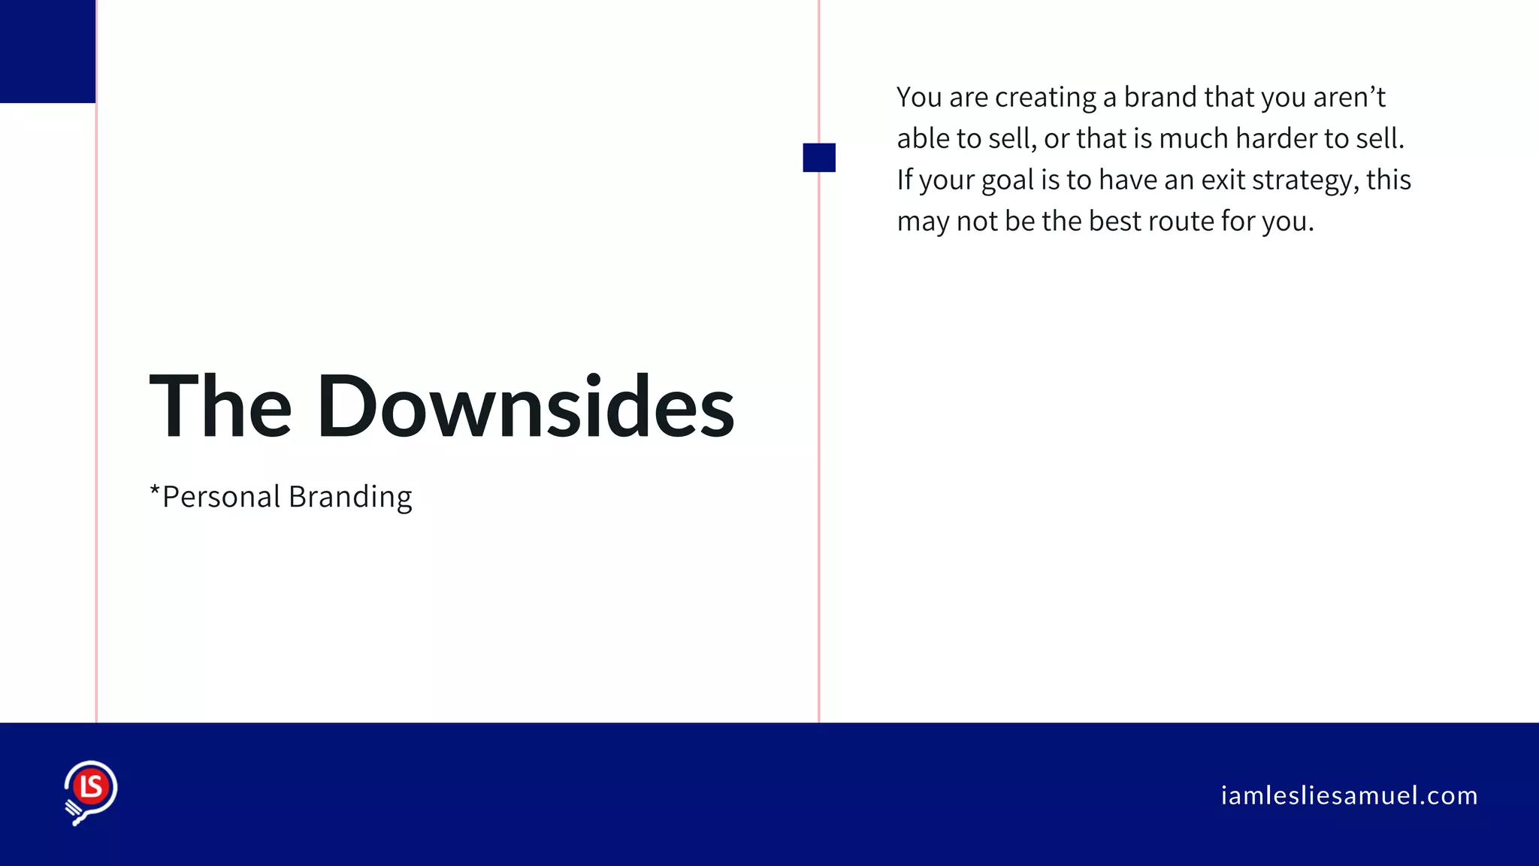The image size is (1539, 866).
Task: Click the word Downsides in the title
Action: click(525, 407)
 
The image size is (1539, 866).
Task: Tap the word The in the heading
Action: click(220, 407)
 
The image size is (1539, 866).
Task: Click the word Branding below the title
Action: click(350, 498)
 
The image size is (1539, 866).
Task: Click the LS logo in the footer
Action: click(91, 792)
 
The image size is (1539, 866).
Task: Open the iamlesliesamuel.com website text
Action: click(1349, 795)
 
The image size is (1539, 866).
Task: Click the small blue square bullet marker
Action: click(819, 158)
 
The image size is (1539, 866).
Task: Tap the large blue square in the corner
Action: click(47, 51)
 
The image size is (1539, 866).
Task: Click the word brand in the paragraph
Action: click(1160, 98)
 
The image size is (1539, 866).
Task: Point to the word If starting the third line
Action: click(905, 180)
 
